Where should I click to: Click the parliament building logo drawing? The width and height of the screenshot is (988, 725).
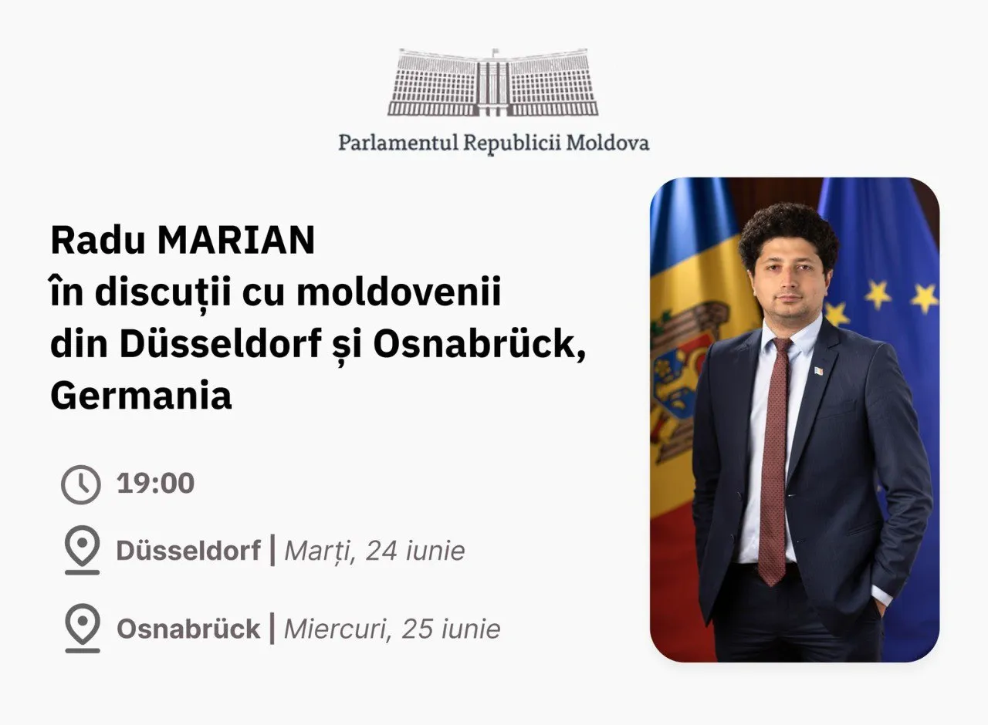point(493,83)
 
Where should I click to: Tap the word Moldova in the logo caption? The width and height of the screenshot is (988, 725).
point(607,143)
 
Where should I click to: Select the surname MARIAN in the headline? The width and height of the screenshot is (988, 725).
point(236,241)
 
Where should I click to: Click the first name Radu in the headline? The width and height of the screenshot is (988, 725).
point(98,241)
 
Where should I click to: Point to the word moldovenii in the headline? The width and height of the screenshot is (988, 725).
point(399,292)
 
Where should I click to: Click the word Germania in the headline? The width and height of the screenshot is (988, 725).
point(141,396)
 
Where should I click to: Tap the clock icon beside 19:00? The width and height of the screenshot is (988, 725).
point(81,484)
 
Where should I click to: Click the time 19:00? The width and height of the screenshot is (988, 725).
point(155,483)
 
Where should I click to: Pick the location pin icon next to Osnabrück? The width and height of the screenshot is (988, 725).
point(83,628)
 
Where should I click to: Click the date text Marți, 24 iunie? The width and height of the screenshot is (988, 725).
point(375,551)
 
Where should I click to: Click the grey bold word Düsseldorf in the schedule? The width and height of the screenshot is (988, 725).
point(188,551)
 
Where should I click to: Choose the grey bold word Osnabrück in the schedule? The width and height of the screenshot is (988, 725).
point(188,629)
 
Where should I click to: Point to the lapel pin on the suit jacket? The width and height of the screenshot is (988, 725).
point(819,371)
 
